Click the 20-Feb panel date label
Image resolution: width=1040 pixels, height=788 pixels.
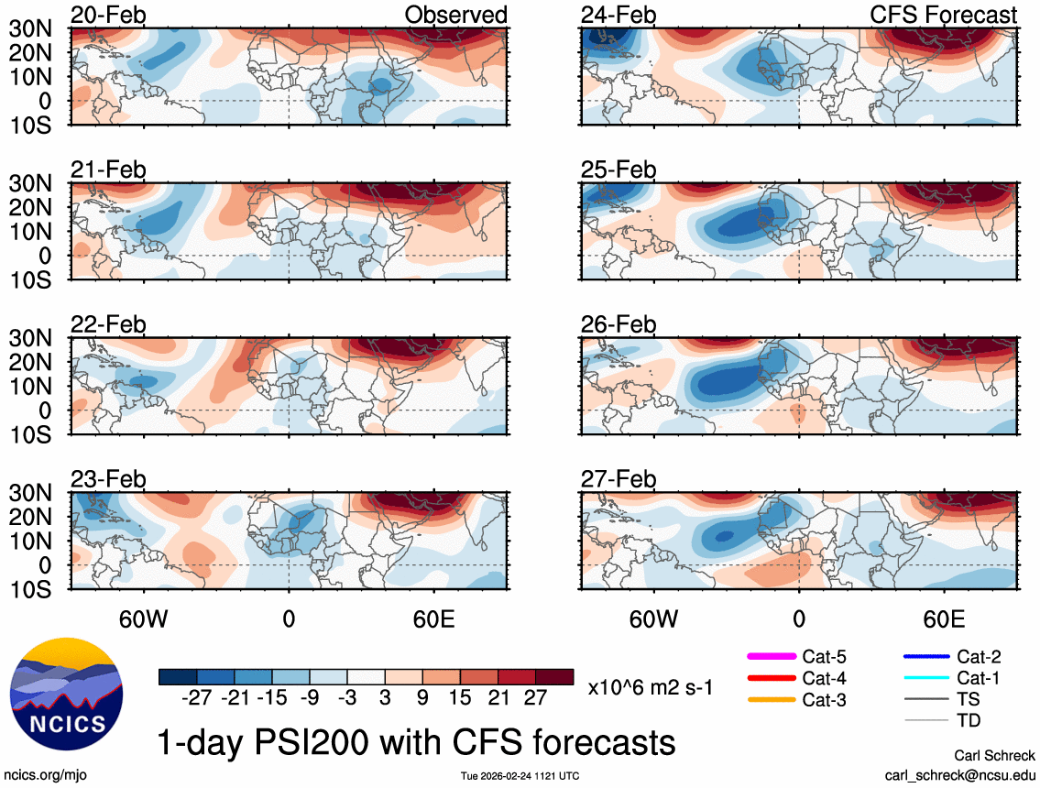point(108,15)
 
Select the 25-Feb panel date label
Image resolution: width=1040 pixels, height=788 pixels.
point(619,170)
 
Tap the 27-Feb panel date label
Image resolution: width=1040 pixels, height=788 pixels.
point(619,479)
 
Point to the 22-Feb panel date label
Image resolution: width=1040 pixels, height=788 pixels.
point(108,324)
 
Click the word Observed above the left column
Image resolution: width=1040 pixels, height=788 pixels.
point(455,15)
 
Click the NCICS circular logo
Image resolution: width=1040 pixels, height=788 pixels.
point(65,690)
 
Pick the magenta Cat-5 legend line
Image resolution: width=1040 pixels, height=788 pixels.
point(771,656)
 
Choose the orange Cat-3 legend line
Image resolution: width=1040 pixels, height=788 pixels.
point(771,700)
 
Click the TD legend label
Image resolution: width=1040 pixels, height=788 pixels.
point(969,721)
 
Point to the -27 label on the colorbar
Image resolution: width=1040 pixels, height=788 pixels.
point(197,699)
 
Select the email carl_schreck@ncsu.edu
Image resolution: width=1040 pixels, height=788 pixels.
point(960,775)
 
